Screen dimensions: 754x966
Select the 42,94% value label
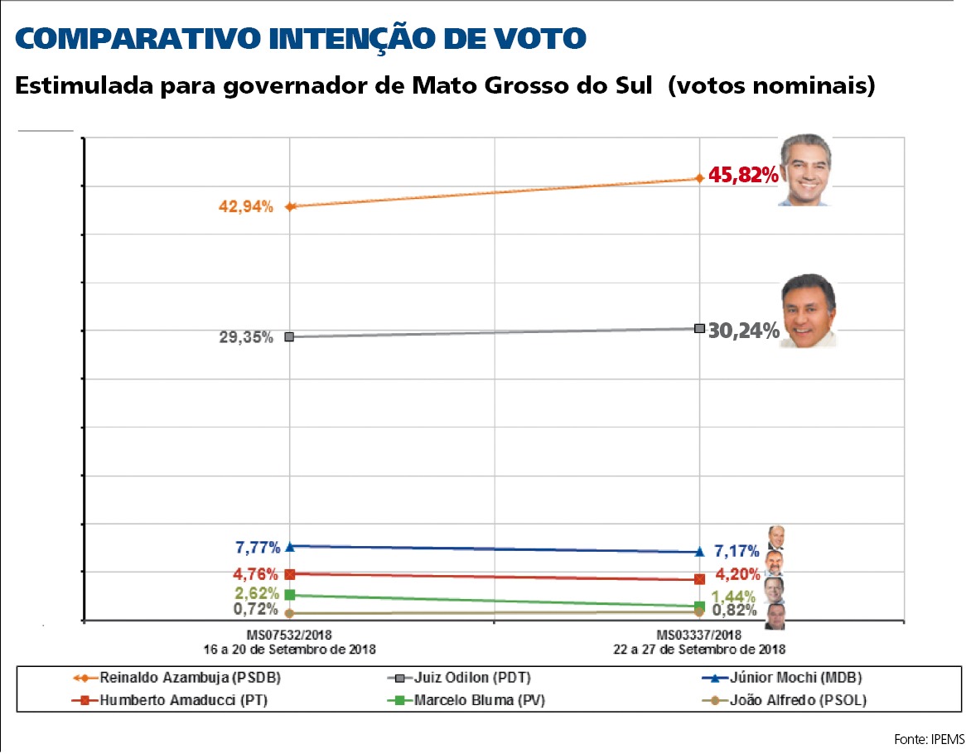(x=246, y=207)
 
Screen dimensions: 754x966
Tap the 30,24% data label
(x=743, y=331)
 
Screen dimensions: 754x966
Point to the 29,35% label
(x=246, y=338)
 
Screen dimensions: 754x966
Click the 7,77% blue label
(x=258, y=548)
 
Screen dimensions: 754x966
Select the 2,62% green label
(x=258, y=593)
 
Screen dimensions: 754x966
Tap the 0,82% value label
(x=734, y=611)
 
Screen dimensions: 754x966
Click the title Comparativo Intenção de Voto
(x=301, y=38)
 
